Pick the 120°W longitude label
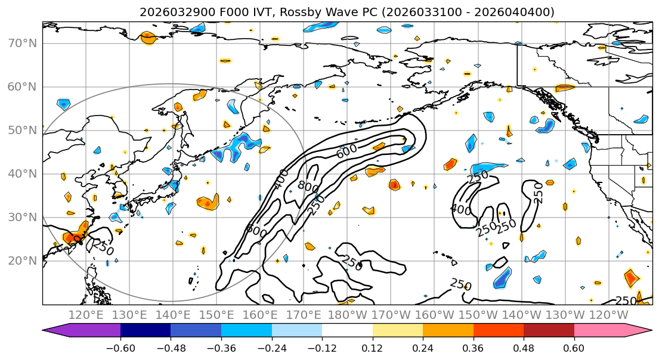(608, 315)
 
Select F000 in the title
(217, 12)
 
